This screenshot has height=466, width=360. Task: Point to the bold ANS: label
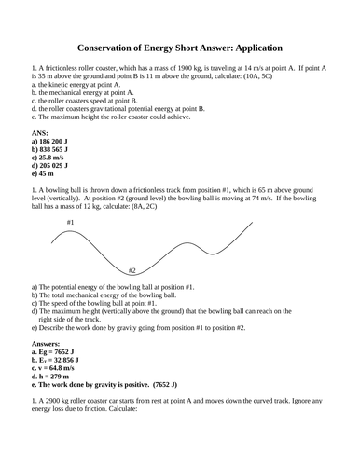tap(40, 133)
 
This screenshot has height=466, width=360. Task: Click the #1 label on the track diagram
tap(71, 223)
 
